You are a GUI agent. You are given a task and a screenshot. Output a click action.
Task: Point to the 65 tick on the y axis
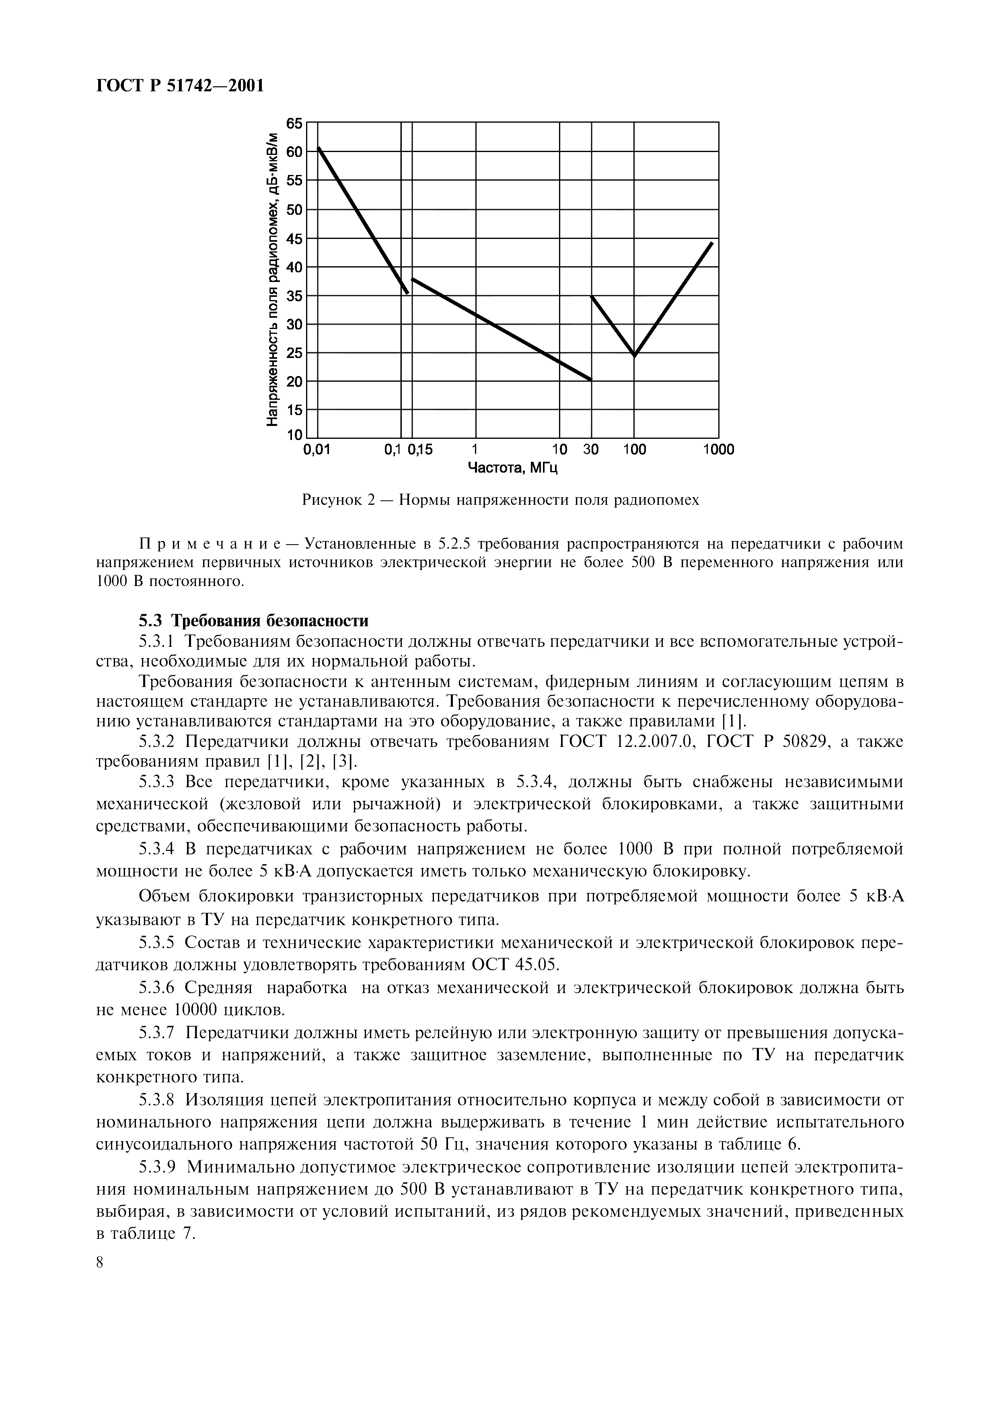295,123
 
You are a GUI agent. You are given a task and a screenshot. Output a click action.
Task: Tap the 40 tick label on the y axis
295,267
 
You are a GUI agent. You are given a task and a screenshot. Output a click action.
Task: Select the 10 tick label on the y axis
295,436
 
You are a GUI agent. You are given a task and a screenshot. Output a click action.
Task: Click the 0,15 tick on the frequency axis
421,450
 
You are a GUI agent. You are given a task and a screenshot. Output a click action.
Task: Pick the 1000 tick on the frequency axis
718,450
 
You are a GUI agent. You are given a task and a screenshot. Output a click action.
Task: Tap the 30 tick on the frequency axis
591,450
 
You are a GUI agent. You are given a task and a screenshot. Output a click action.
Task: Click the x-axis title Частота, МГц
513,469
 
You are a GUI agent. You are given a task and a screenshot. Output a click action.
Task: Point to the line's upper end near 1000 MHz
712,243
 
